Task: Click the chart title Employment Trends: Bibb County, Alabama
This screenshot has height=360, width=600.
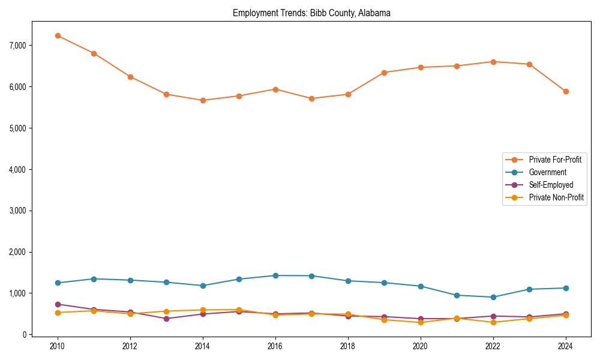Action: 311,13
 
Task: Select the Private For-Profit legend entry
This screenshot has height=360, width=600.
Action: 555,160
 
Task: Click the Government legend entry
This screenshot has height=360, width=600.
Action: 547,172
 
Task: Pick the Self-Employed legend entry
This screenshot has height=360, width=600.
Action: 551,185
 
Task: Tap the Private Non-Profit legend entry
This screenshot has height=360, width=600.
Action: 556,197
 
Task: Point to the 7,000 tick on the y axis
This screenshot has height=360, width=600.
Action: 17,46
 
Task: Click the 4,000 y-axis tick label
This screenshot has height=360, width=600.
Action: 17,170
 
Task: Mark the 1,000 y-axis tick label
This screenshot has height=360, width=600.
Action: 17,293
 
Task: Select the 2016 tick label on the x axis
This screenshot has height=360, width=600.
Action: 275,347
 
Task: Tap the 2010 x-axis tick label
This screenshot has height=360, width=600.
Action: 58,347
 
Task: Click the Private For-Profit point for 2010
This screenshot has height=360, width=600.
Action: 58,36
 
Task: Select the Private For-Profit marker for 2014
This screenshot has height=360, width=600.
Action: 203,100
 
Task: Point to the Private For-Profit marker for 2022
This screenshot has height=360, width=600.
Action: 493,62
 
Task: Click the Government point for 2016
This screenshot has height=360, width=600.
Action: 275,275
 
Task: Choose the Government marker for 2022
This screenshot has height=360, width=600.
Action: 493,297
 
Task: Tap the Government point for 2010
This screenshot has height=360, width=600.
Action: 58,283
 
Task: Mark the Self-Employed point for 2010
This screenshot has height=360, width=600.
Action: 58,304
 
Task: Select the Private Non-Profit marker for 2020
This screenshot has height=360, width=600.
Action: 421,322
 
